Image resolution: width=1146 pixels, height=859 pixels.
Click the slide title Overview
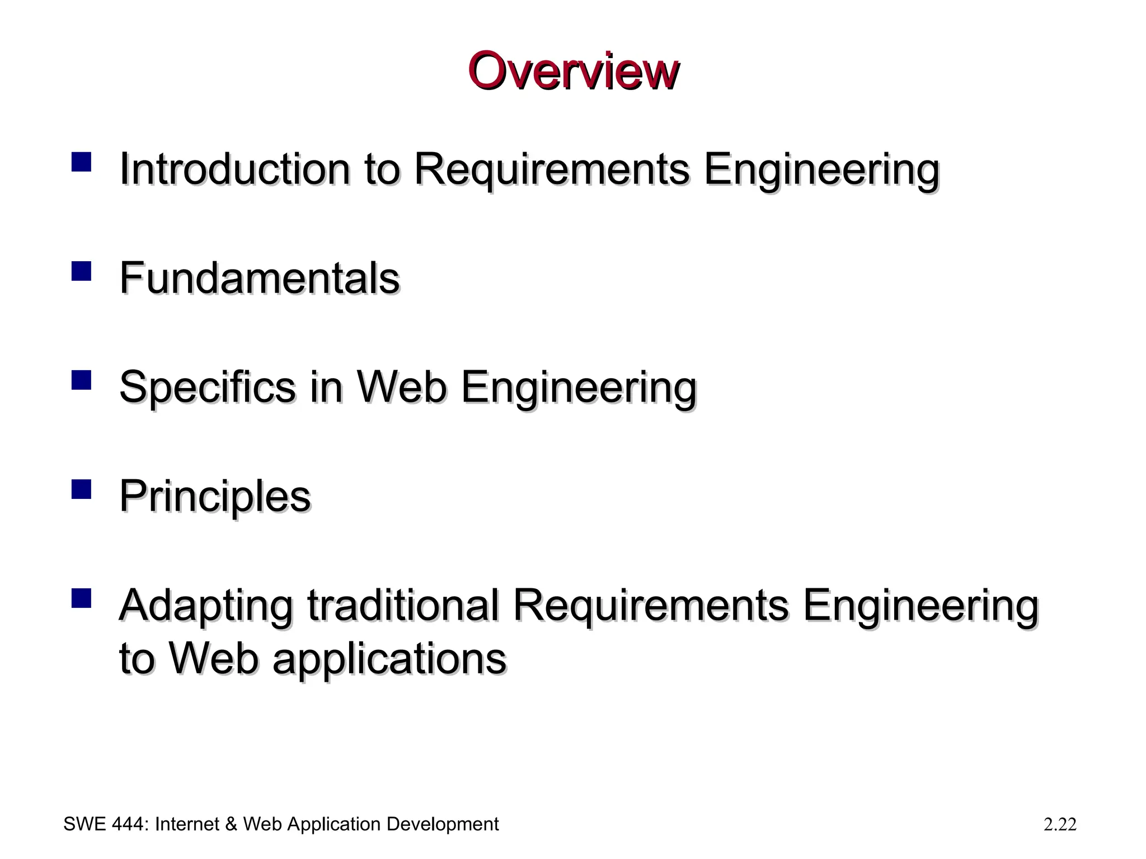click(573, 71)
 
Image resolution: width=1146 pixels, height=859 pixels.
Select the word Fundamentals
click(260, 277)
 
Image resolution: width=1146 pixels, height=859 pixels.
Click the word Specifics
click(207, 386)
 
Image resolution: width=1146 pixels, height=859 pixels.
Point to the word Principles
click(215, 496)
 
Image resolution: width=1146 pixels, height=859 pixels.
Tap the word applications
click(389, 659)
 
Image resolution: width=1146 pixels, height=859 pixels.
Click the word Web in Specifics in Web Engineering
click(402, 386)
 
